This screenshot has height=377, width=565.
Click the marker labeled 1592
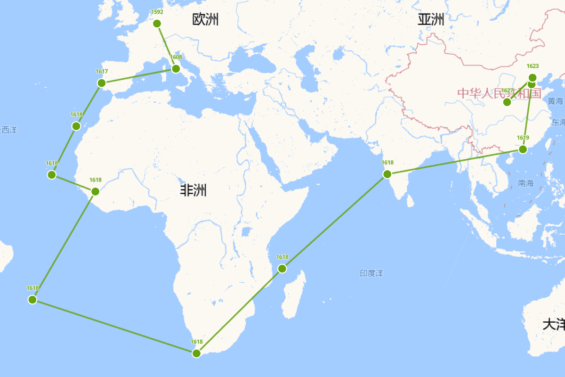coord(157,24)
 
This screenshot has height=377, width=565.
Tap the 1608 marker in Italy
coord(176,69)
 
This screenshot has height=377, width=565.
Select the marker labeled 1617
coord(101,83)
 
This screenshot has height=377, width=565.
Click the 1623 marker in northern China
coord(533,78)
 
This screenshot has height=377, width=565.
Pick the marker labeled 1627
coord(507,102)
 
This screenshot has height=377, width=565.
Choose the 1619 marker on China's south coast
coord(523,149)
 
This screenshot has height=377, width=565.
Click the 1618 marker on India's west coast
coord(387,174)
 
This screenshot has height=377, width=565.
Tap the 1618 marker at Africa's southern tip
coord(197,353)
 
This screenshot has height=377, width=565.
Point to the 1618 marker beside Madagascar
coord(282,269)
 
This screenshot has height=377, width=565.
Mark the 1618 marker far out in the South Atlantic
coord(32,299)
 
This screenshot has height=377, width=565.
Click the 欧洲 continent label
coord(205,20)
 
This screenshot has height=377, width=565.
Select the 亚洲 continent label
coord(431,20)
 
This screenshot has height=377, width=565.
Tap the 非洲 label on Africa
coord(193,190)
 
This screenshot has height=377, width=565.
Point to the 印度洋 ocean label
coord(372,273)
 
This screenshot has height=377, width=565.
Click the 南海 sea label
coord(525,183)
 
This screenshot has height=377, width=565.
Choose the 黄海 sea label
coord(555,101)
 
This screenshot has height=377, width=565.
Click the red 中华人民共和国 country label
coord(499,93)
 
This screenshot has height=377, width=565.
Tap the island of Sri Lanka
coord(410,201)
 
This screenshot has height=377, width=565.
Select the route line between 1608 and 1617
coord(139,76)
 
